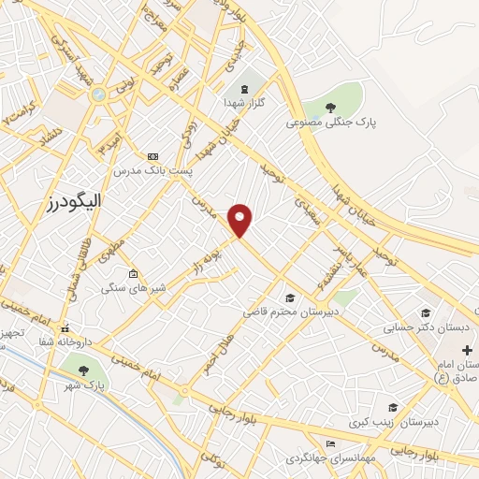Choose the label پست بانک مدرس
pos(152,171)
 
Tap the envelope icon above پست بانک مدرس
pos(153,156)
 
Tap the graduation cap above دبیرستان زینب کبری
pos(393,406)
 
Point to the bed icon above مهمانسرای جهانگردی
pos(329,443)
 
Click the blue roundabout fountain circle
pos(98,94)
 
